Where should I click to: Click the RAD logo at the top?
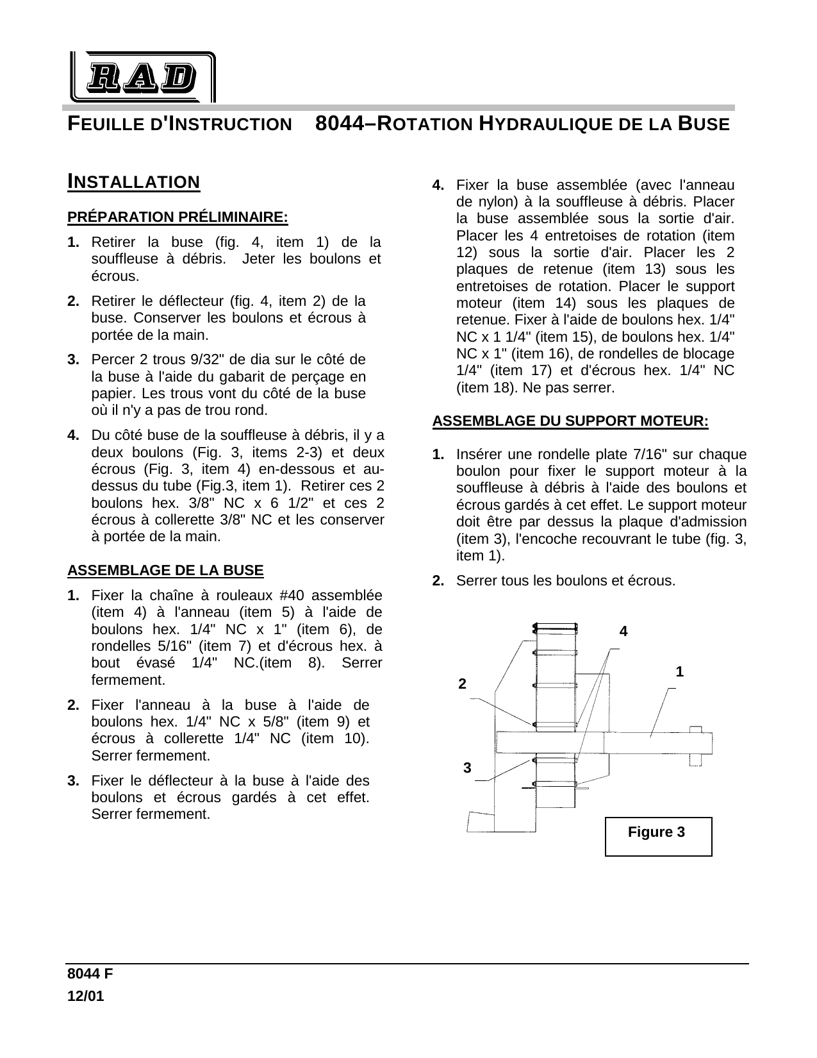click(141, 77)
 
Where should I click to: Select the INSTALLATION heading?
click(134, 182)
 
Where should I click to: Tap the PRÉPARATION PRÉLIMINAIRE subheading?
click(177, 217)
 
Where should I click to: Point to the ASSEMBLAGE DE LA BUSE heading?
click(165, 570)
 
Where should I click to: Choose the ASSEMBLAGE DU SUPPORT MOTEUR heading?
click(570, 421)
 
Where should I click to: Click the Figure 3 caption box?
click(657, 835)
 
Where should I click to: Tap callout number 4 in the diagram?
click(623, 632)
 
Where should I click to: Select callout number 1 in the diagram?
click(679, 672)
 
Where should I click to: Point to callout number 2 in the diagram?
click(463, 684)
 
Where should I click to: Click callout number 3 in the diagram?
click(467, 768)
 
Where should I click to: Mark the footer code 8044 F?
click(91, 973)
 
